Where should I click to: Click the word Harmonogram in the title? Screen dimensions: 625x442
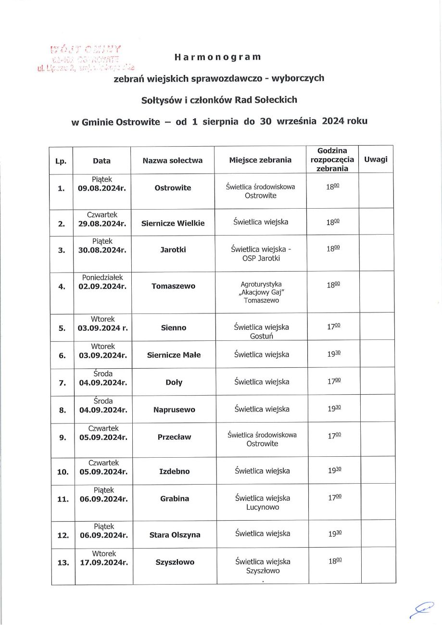(217, 57)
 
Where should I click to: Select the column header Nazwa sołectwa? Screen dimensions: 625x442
(173, 161)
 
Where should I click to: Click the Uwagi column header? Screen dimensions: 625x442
(376, 159)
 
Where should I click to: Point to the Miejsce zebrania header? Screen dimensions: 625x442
(260, 160)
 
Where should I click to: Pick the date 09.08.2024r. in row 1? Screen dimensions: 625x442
(101, 188)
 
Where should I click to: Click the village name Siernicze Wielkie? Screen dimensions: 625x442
(173, 223)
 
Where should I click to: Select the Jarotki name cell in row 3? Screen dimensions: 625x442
(173, 250)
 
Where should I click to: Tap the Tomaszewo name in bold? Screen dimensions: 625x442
(173, 286)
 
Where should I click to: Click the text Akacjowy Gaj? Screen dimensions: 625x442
(261, 292)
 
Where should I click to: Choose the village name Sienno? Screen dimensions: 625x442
(174, 328)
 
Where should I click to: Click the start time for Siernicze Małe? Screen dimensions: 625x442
(334, 354)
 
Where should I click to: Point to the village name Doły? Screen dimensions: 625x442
(174, 383)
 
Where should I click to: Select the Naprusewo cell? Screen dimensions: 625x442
(174, 410)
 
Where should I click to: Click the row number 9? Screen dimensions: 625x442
(63, 437)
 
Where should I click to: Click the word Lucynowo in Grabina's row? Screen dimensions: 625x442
(262, 507)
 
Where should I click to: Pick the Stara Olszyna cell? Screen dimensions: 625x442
(175, 535)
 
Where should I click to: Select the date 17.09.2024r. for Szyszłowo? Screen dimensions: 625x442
(104, 562)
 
